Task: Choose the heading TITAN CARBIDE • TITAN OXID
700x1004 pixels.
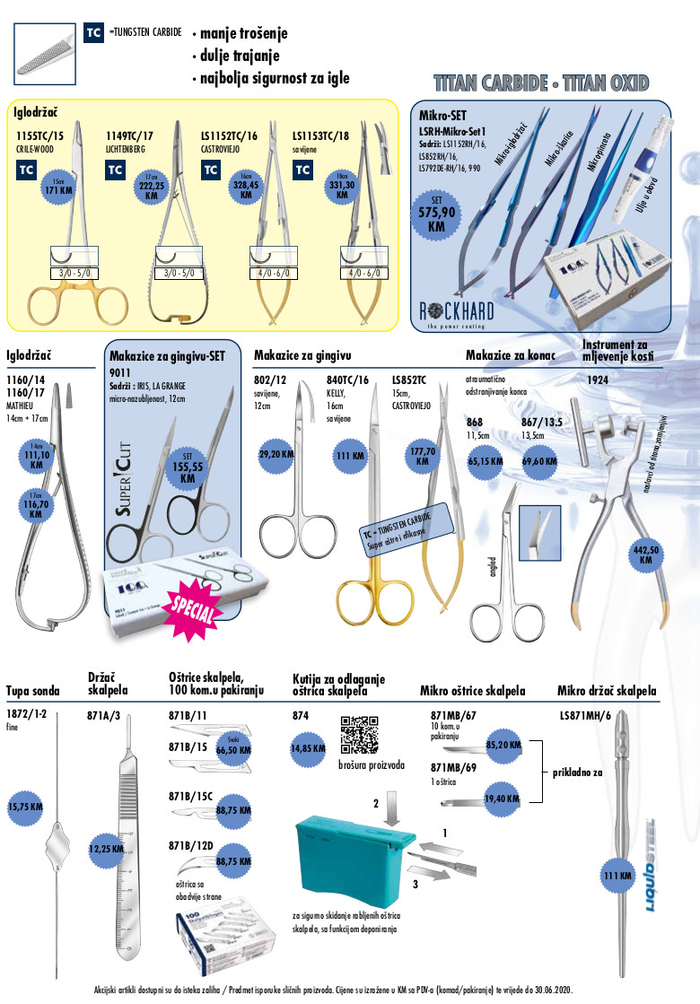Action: [540, 83]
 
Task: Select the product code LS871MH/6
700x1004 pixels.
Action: [586, 715]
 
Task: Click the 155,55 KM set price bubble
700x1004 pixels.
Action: [188, 468]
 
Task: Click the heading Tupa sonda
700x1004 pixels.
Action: [32, 691]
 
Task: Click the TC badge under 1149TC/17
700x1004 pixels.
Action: [116, 170]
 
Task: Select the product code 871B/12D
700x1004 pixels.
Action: [190, 846]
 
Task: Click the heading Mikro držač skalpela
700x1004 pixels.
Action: [607, 691]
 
